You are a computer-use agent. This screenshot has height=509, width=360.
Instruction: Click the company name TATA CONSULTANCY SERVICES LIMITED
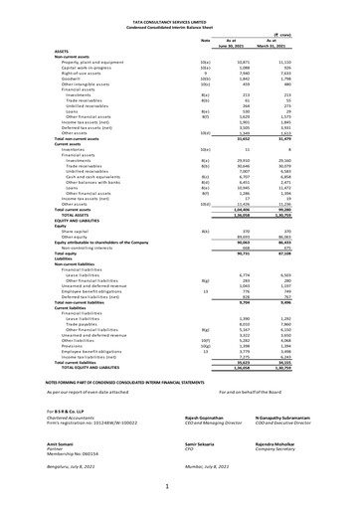pos(180,19)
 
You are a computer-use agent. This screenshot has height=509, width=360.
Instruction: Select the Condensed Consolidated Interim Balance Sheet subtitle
pos(180,25)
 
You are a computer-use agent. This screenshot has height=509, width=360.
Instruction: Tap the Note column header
pos(207,40)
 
